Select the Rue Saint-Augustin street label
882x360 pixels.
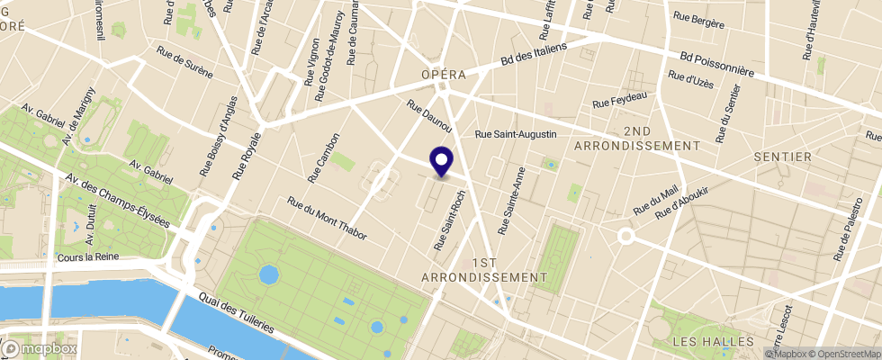point(516,134)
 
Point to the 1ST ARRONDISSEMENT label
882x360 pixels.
point(483,269)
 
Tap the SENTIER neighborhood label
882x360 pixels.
point(783,157)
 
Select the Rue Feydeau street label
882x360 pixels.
point(620,99)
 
